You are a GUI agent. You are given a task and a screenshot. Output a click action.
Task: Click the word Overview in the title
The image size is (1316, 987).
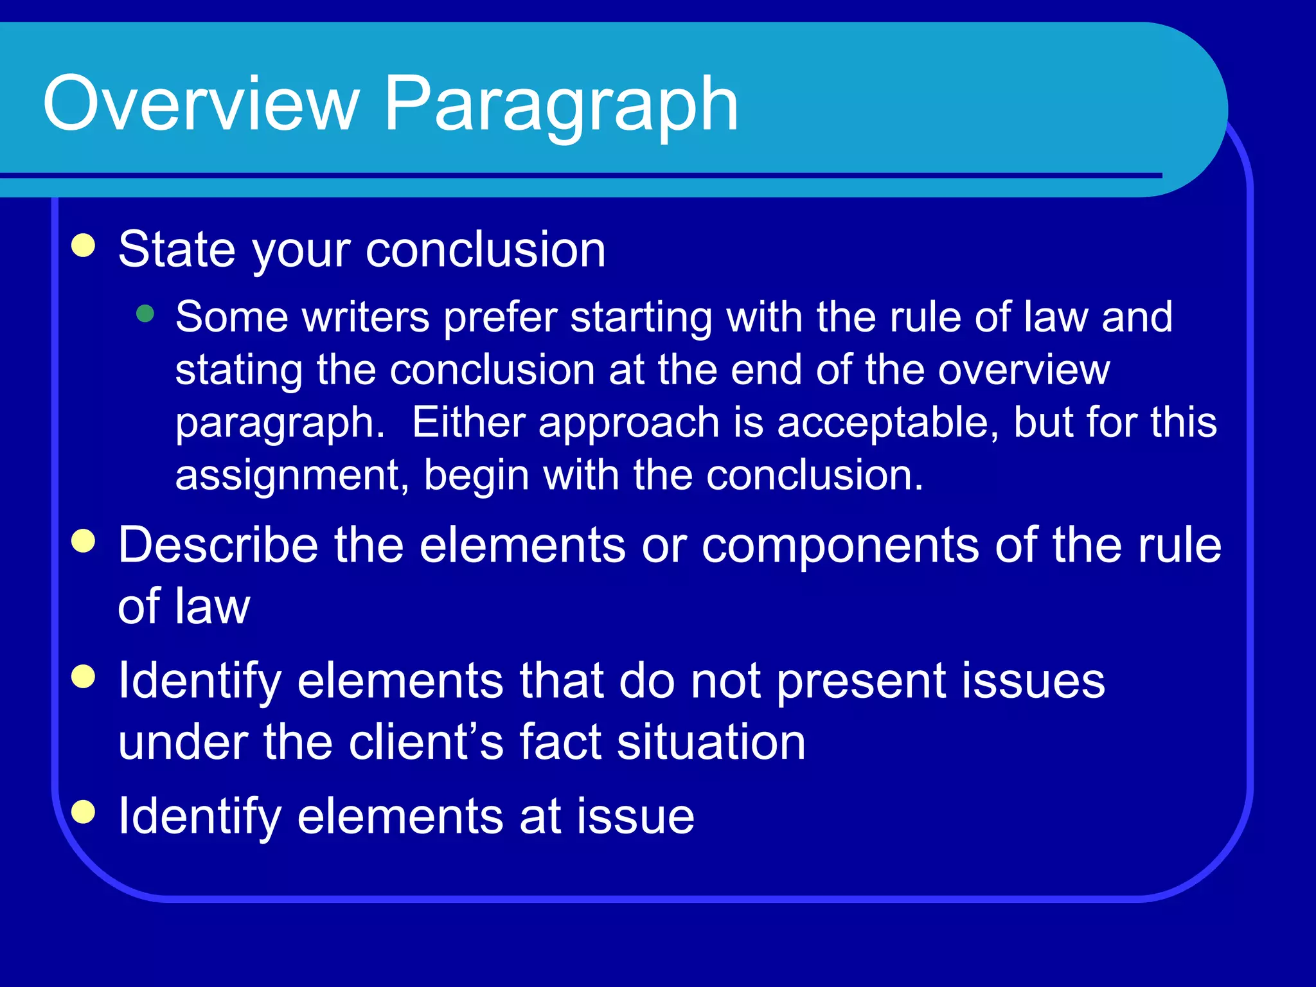(x=200, y=103)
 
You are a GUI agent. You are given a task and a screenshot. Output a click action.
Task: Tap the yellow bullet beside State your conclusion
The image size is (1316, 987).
(x=84, y=245)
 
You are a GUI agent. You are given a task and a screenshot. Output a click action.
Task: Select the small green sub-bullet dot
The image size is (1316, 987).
(x=146, y=314)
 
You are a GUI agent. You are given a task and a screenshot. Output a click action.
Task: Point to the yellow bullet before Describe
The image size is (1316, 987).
(x=84, y=540)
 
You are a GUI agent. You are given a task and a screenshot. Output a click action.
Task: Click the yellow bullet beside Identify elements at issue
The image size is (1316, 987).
(x=84, y=812)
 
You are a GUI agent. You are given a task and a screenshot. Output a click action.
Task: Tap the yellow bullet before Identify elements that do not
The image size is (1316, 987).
(x=84, y=676)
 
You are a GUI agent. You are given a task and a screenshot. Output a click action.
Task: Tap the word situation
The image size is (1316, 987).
(x=711, y=742)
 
